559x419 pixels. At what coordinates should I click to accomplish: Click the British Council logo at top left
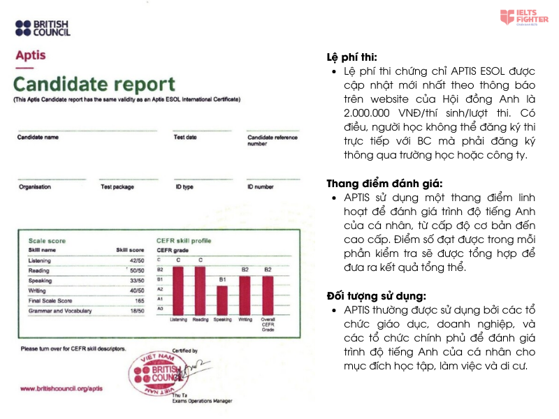(x=43, y=28)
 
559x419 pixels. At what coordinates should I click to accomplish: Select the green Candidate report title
(x=94, y=85)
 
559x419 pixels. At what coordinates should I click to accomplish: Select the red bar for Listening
(x=179, y=290)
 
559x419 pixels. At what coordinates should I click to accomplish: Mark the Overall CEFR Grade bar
(x=268, y=295)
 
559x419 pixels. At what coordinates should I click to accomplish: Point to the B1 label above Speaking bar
(x=222, y=279)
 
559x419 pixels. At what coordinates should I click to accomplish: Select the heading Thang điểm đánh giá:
(x=375, y=184)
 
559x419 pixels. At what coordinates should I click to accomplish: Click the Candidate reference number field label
(x=272, y=140)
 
